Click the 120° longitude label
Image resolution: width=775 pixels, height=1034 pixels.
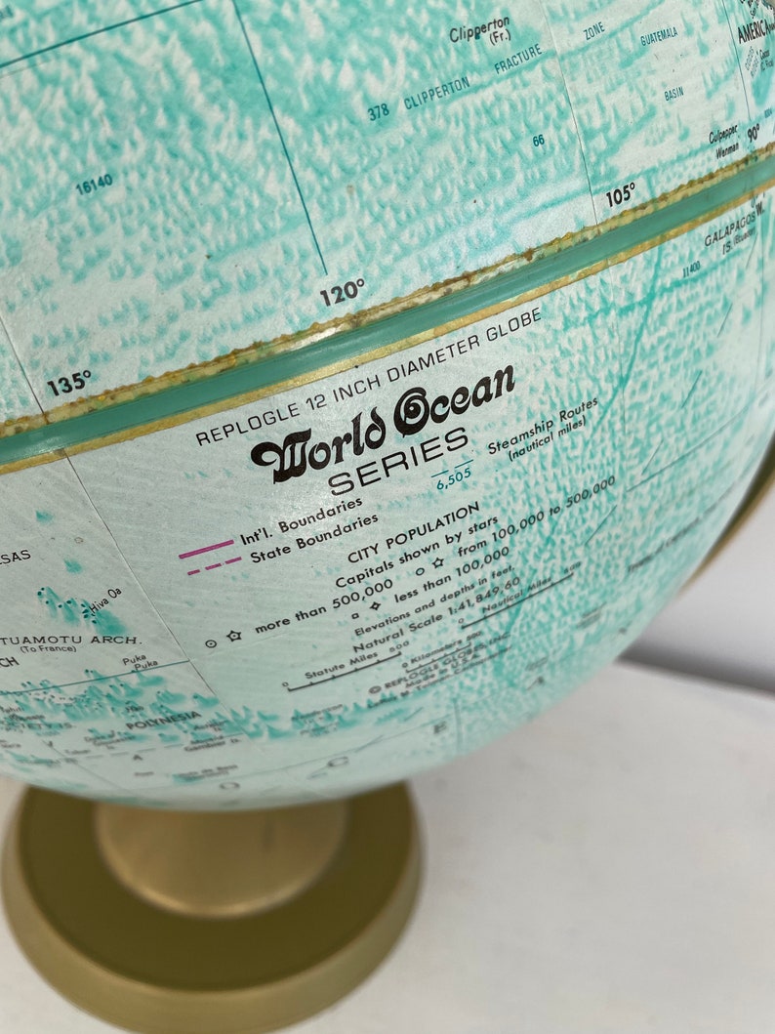click(341, 291)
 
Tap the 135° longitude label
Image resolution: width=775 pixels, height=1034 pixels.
click(69, 383)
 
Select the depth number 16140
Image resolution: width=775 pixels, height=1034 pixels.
click(93, 182)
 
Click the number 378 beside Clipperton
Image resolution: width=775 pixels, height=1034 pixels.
click(379, 112)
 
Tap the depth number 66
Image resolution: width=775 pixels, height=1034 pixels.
click(539, 141)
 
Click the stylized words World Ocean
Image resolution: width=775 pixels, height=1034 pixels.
click(384, 424)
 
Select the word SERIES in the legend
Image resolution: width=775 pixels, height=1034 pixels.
click(399, 466)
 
